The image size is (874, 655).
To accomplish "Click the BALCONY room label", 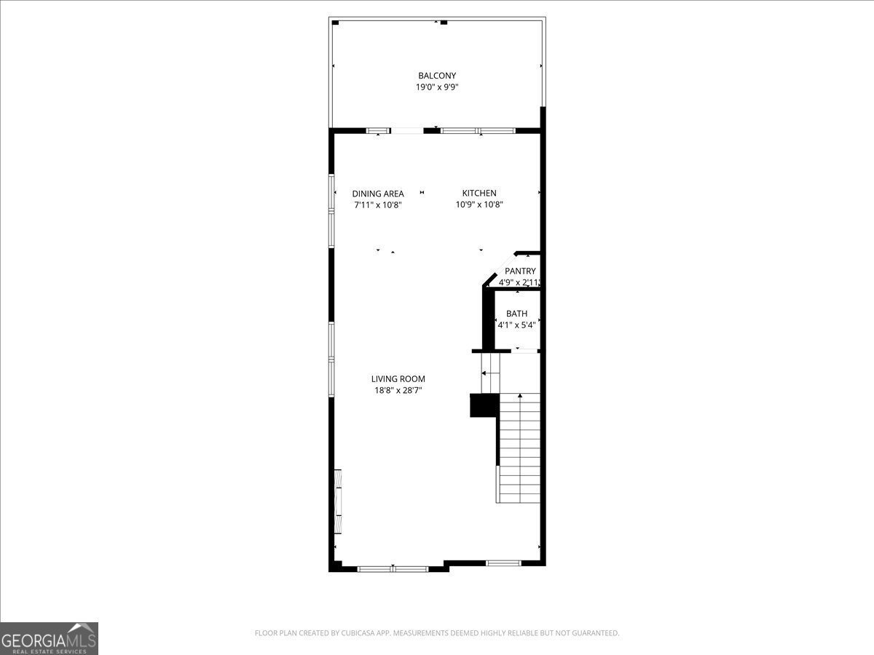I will pos(436,76).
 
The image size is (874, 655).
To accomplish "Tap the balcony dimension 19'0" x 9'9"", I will pos(436,87).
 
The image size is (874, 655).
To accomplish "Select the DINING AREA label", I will pos(377,194).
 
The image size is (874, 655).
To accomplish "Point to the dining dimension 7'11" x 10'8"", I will pos(377,205).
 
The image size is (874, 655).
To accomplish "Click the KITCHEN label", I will pos(479,193).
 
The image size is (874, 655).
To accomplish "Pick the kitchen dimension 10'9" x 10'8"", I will pos(479,205).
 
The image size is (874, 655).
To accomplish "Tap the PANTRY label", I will pos(520,271).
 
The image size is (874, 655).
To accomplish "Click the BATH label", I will pos(517,314).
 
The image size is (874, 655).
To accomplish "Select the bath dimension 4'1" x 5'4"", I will pos(517,325).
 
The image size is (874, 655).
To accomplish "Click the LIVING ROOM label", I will pos(398,378).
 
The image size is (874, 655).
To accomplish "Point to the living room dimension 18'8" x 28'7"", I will pos(398,391).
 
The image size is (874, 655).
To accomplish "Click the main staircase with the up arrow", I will pos(519,448).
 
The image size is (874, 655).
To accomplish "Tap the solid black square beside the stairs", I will pos(483,405).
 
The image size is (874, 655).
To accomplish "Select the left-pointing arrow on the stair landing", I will pos(484,373).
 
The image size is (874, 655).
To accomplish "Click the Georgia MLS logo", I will pos(49,638).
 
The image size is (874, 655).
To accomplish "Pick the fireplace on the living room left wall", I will pos(338,502).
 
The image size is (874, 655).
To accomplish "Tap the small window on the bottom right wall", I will pos(503,563).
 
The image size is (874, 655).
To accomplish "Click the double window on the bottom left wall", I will pos(393,568).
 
